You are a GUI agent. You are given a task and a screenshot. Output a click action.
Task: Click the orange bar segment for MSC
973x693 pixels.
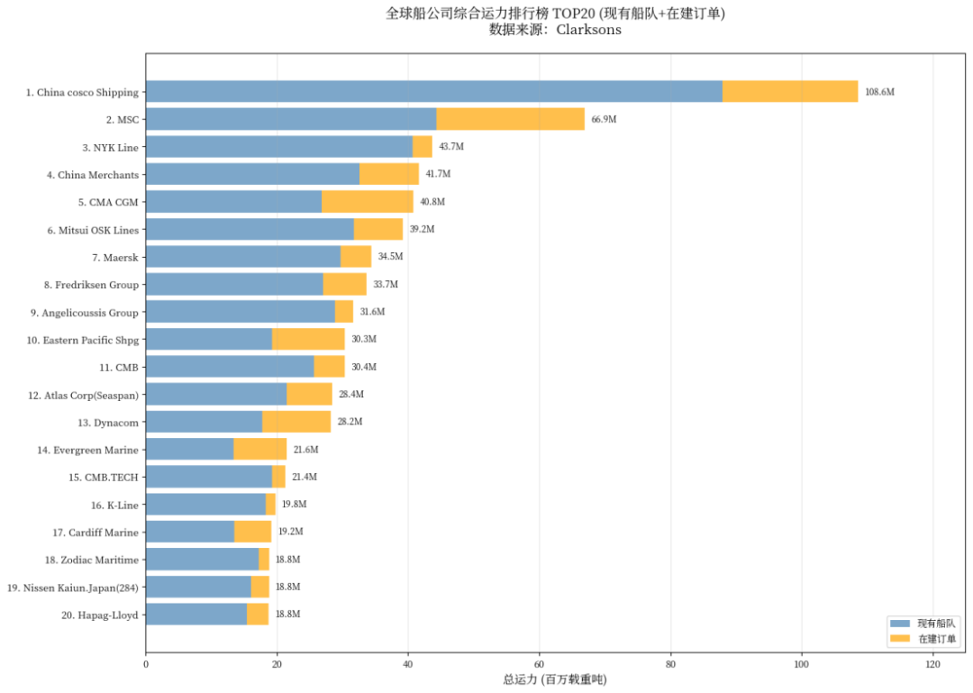[510, 119]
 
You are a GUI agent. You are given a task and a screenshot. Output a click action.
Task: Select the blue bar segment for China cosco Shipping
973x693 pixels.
[433, 91]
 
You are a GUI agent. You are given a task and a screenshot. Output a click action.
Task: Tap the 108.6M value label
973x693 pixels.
[879, 92]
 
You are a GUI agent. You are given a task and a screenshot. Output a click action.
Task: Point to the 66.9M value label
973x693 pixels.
[605, 120]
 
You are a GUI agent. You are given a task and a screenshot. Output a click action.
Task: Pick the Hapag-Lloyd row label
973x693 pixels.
[101, 615]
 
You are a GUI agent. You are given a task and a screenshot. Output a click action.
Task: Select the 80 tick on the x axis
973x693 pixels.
[670, 665]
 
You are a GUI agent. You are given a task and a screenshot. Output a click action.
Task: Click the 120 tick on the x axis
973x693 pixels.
[932, 665]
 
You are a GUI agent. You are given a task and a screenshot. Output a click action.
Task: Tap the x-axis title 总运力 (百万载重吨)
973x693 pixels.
[554, 679]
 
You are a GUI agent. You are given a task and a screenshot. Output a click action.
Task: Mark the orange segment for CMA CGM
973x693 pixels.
[367, 202]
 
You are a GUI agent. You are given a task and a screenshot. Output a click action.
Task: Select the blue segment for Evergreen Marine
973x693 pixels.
[189, 449]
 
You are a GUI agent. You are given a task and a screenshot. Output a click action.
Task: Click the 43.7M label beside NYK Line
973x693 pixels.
[450, 147]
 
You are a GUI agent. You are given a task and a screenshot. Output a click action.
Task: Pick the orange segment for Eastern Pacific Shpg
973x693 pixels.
[308, 339]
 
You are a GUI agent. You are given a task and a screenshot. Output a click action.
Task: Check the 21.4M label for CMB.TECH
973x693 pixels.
[305, 477]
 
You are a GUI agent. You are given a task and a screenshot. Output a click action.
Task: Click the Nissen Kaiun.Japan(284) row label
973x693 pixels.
[73, 588]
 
